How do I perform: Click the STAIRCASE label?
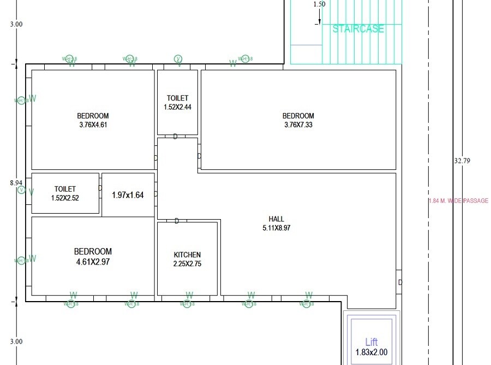tap(358, 29)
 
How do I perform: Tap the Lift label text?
tap(372, 342)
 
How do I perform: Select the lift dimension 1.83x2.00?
tap(372, 352)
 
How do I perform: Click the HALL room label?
tap(277, 219)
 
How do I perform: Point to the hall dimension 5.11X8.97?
tap(277, 228)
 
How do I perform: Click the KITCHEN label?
tap(187, 255)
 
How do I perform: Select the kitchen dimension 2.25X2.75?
tap(187, 263)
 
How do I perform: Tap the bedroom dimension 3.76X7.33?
tap(298, 125)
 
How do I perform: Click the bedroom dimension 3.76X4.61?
tap(93, 125)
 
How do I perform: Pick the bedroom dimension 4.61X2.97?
tap(93, 262)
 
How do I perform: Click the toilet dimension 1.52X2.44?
tap(177, 107)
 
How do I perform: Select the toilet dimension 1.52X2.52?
tap(65, 198)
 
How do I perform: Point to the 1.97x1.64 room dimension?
tap(128, 195)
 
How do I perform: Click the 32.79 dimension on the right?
tap(462, 161)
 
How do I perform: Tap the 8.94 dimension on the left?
tap(16, 182)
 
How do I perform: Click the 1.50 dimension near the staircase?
tap(319, 4)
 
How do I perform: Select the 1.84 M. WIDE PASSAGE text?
tap(458, 201)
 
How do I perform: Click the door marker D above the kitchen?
tap(177, 221)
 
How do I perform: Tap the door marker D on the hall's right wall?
tap(400, 282)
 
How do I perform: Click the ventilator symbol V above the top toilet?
tap(178, 59)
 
